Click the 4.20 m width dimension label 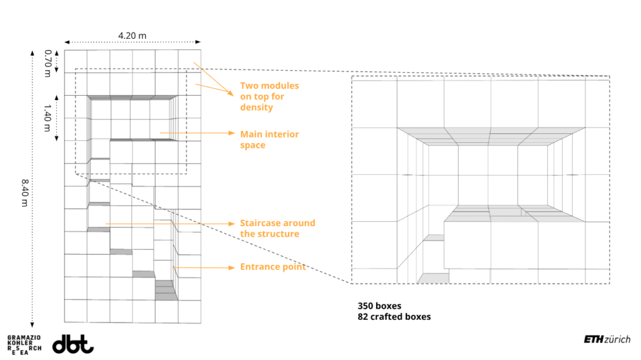(x=132, y=35)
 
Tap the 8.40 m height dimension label (x=25, y=187)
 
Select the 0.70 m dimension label (x=48, y=63)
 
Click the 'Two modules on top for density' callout (x=269, y=96)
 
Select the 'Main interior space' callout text (x=269, y=140)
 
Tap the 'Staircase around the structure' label (x=277, y=229)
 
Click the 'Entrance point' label (x=273, y=267)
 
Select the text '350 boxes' (x=379, y=306)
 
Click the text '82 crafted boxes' (x=394, y=317)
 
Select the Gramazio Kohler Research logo (x=24, y=345)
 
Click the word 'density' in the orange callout (x=257, y=108)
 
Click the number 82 (x=363, y=317)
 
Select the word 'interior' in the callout (x=283, y=134)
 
